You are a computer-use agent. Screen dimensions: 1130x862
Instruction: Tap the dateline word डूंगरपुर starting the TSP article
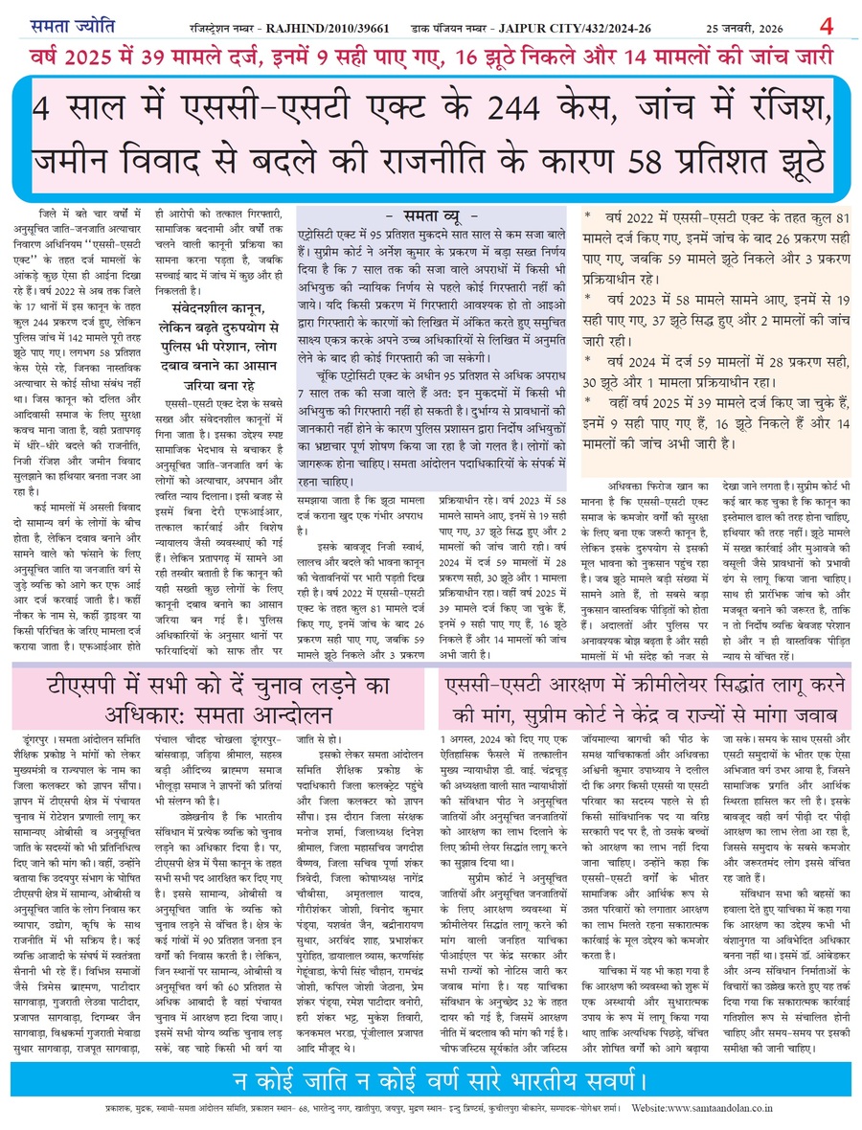[x=36, y=740]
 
